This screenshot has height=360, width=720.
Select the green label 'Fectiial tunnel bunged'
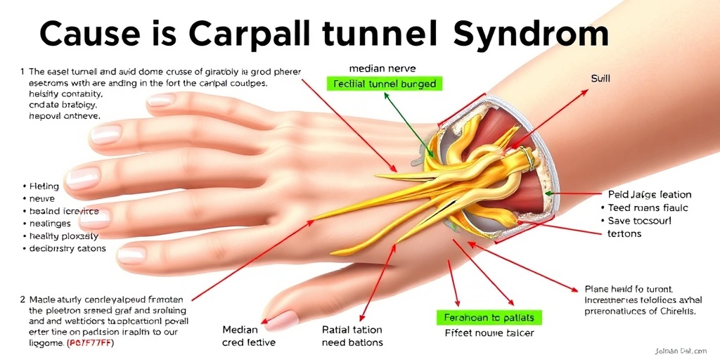coord(382,84)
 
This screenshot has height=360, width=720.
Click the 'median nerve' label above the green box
coord(382,69)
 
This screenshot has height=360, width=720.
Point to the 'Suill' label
coord(600,79)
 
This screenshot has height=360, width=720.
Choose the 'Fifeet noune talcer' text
coord(489,333)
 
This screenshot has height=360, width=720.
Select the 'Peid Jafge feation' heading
coord(649,195)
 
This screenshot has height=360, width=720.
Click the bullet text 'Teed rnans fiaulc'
coord(647,207)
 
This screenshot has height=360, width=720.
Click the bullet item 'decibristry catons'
coord(67,248)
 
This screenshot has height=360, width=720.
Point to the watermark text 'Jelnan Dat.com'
coord(678,349)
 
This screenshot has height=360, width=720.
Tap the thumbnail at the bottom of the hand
coord(283,320)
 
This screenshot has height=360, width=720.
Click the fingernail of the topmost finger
coord(160,100)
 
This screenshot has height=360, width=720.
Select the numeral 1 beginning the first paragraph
coord(22,71)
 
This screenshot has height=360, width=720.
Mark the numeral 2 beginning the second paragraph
coord(22,299)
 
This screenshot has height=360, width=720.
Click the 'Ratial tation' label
coord(352,329)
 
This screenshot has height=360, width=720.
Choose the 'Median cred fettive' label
coord(248,336)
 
